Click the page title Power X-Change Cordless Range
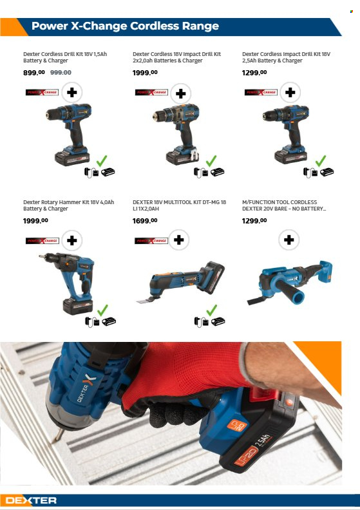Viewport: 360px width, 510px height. (x=125, y=26)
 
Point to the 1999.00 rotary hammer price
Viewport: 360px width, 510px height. (x=35, y=220)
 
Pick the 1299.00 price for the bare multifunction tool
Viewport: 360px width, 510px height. (x=254, y=220)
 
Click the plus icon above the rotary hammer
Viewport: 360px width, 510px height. (x=71, y=241)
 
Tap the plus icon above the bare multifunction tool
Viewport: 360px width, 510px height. (x=290, y=241)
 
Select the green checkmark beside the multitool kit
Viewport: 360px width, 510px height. (x=212, y=310)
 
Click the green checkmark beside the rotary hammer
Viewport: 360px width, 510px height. (x=102, y=310)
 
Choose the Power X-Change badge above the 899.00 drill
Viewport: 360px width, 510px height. (x=43, y=93)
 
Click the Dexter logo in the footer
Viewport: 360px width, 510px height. (x=31, y=500)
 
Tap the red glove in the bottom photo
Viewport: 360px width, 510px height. (x=187, y=380)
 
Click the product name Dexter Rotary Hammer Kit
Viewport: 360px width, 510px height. (x=68, y=202)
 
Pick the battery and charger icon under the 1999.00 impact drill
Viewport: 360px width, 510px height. (x=209, y=173)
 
